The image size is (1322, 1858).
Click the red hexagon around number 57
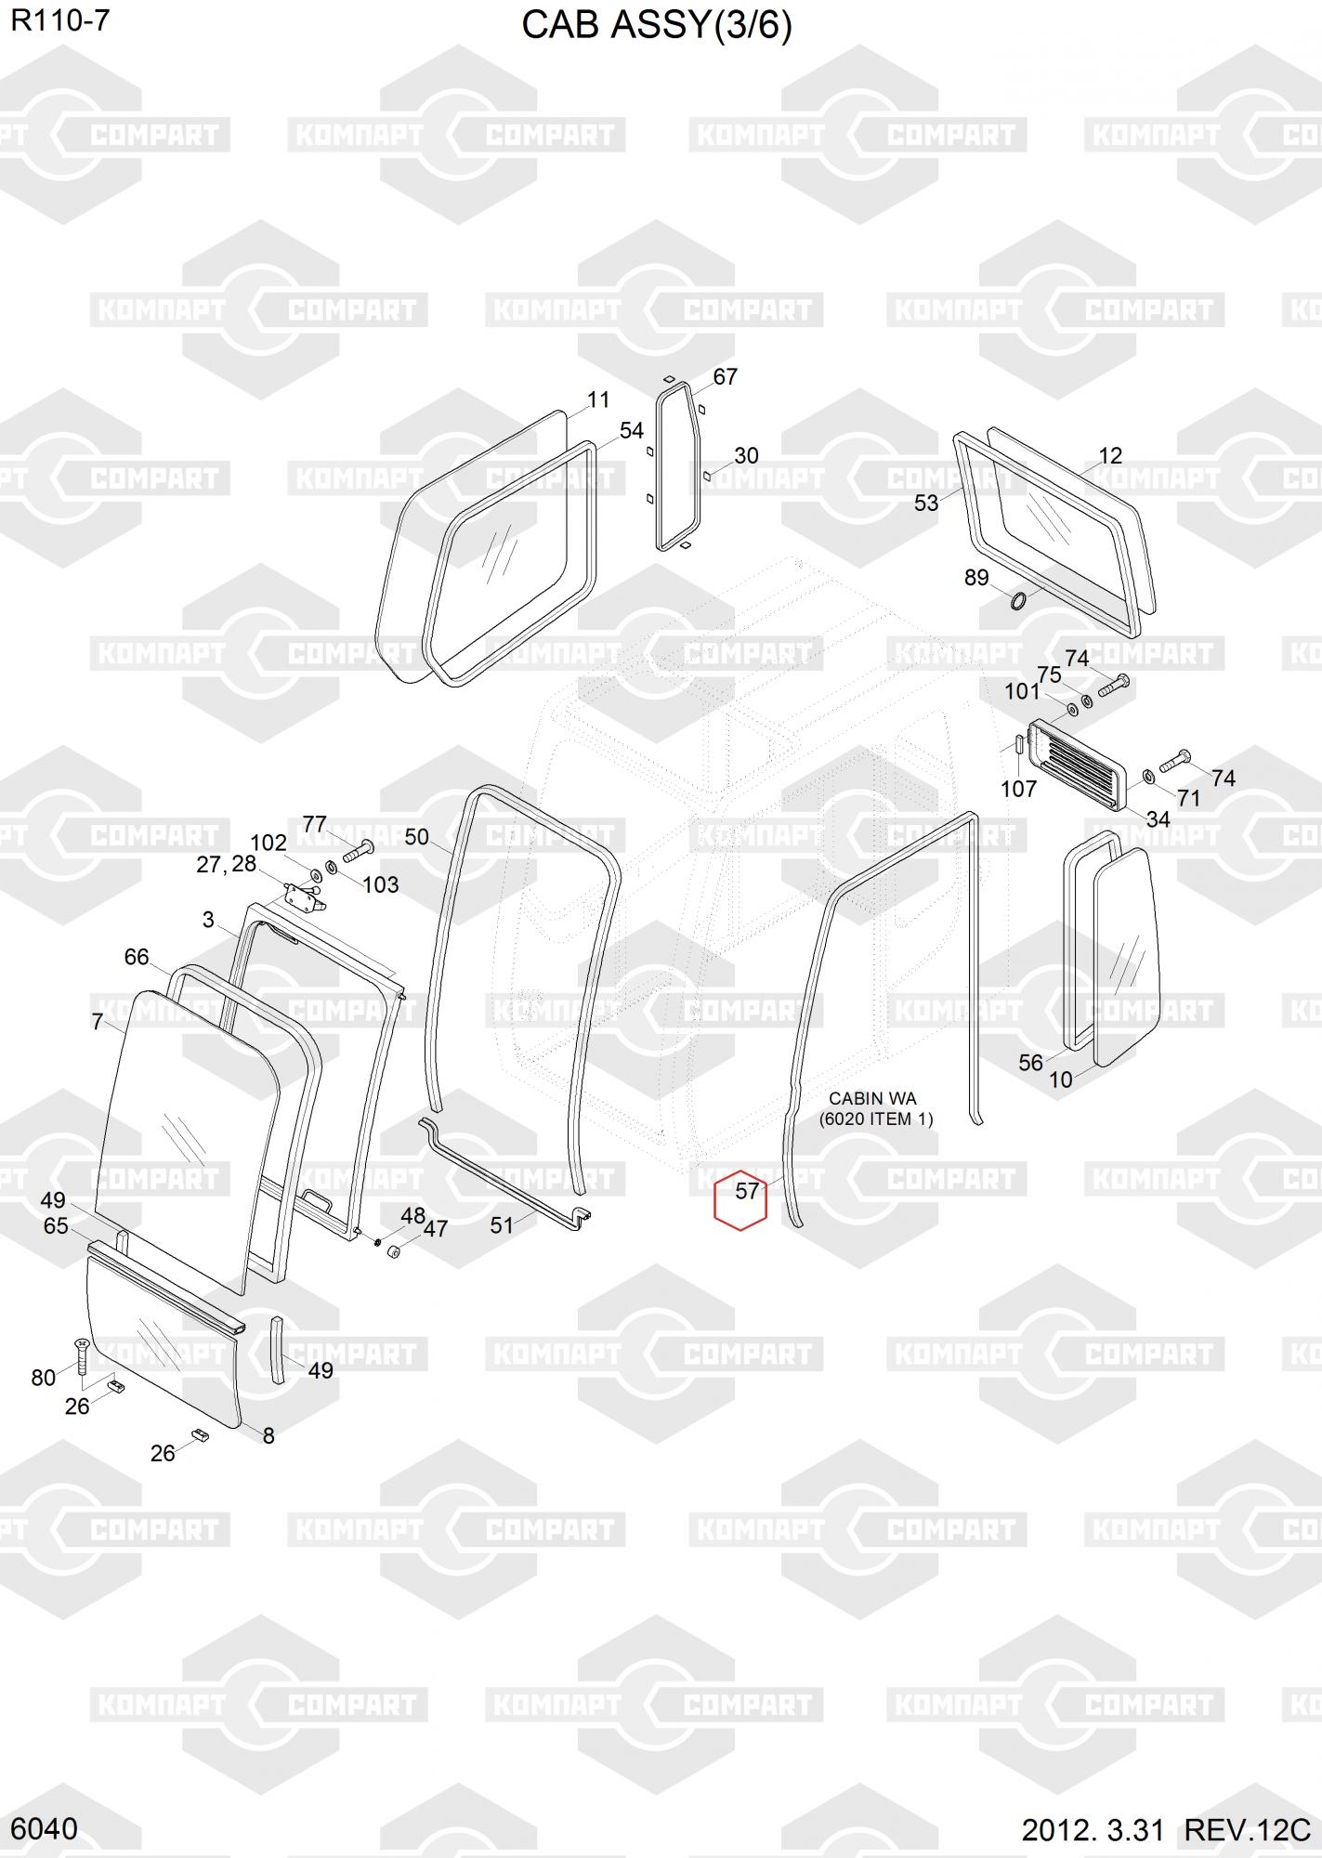[x=740, y=1198]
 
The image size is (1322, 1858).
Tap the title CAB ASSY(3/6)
[x=656, y=27]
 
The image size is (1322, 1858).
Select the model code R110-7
[x=60, y=20]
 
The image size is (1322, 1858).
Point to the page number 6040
[x=45, y=1829]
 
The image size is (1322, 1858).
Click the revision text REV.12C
[x=1247, y=1830]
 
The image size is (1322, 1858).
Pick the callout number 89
[x=976, y=578]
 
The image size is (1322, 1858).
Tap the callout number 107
[x=1018, y=789]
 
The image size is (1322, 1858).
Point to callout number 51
[x=502, y=1225]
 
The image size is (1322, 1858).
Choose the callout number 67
[x=725, y=376]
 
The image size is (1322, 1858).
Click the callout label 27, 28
[x=226, y=864]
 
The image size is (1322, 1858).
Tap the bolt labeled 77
[x=358, y=848]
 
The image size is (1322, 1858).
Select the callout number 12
[x=1110, y=456]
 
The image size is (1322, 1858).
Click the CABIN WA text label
[x=872, y=1099]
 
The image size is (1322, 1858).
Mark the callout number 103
[x=380, y=884]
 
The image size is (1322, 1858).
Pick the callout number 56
[x=1031, y=1063]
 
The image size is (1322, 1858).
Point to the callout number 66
[x=137, y=957]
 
